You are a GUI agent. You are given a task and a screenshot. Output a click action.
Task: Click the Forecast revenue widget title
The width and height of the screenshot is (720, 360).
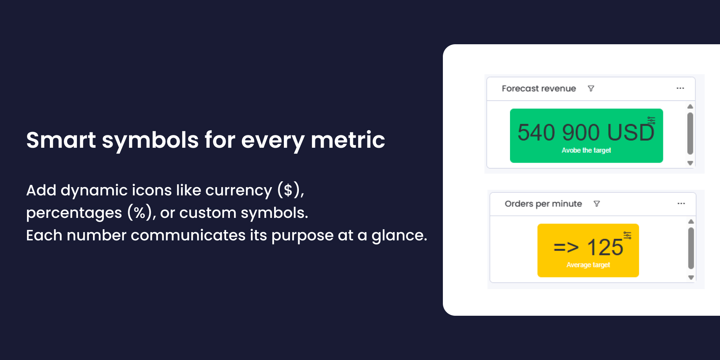point(539,88)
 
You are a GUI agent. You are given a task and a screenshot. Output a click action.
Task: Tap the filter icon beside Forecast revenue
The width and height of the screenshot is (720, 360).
point(591,88)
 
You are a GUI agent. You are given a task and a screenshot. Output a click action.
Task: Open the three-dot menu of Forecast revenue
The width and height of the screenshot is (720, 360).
point(680,88)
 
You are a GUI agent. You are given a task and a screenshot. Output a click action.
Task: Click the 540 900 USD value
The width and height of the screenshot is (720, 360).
point(586,132)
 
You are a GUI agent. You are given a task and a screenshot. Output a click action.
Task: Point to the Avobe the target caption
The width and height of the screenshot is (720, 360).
point(586,150)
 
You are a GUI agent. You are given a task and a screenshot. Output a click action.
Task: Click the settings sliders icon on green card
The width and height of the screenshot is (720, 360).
point(652,120)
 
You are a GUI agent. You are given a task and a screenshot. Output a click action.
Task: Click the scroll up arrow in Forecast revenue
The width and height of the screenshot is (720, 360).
point(690,106)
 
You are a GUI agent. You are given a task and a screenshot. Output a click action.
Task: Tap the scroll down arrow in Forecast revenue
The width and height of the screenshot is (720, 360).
point(690,163)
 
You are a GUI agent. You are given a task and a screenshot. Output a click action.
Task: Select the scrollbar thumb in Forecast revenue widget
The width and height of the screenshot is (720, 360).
point(690,133)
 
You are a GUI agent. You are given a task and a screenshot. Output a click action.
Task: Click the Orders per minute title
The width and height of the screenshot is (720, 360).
point(543,204)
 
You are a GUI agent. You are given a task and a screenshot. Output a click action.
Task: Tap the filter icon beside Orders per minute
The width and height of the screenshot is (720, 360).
point(597,204)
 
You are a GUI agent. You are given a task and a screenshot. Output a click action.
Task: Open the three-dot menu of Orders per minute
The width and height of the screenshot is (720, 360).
point(681,203)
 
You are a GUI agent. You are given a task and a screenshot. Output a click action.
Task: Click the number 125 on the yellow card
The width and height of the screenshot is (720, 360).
point(605,247)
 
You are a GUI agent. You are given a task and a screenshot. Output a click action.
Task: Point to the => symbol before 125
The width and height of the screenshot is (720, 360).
point(566,247)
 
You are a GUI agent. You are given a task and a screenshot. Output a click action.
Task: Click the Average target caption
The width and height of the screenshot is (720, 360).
point(588,265)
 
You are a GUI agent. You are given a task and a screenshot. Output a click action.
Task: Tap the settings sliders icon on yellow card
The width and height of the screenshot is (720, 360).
point(627,235)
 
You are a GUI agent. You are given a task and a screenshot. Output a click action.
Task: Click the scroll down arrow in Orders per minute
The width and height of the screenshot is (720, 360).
point(691,277)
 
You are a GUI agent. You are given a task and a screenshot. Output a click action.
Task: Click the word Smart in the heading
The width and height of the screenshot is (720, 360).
point(61,140)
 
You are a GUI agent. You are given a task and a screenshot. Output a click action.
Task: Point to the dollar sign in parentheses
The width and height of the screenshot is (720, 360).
point(288,190)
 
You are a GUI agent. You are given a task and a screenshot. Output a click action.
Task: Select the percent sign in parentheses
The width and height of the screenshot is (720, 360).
point(140,213)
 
